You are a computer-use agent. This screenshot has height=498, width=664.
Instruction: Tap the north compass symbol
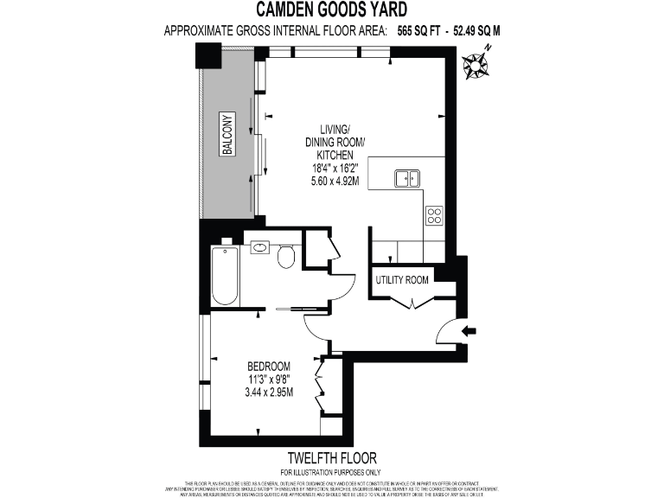[475, 65]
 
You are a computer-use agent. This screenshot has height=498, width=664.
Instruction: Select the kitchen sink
[407, 178]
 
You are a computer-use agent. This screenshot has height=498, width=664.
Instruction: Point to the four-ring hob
[434, 216]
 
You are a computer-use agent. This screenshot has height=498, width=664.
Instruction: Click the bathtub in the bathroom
[225, 276]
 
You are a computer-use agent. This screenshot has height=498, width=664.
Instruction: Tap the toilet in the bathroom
[287, 256]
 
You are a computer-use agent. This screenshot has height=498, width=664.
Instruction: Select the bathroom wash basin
[259, 248]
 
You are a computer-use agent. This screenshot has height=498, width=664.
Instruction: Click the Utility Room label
[402, 280]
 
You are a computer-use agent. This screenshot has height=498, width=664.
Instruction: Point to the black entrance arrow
[469, 330]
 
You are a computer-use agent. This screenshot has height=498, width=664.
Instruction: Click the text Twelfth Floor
[331, 457]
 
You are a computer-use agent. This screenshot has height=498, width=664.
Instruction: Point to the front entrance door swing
[447, 332]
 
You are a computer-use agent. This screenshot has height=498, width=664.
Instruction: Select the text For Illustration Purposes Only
[331, 472]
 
